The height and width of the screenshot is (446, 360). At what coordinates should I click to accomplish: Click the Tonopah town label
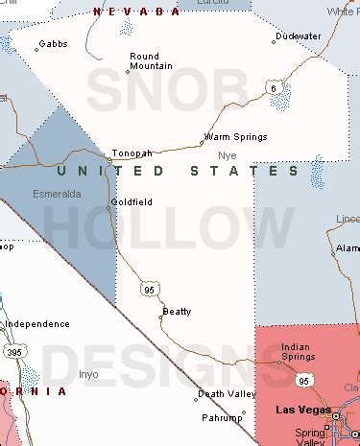132,153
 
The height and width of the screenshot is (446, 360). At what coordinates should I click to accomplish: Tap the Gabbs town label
54,43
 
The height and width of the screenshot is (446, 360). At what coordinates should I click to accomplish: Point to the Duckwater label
298,35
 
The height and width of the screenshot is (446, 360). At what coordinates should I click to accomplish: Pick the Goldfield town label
131,201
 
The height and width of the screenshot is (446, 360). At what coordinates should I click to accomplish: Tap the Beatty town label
177,311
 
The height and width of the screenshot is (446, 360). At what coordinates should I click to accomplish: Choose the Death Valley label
227,393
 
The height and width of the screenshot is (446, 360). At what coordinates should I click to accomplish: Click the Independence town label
37,323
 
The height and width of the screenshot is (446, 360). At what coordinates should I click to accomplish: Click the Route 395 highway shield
12,354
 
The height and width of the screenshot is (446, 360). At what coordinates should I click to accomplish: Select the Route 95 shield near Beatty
149,287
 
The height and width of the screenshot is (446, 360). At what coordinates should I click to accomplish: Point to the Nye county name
227,155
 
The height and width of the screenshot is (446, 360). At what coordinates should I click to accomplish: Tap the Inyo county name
88,374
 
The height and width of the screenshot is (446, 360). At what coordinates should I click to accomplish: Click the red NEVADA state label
136,12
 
